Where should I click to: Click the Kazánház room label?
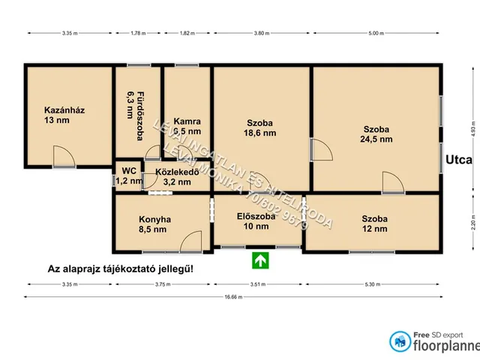click(x=64, y=115)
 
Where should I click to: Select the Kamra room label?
click(x=186, y=126)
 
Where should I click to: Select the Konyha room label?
click(x=155, y=225)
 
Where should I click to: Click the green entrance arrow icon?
click(x=259, y=260)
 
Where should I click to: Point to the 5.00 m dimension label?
click(x=376, y=34)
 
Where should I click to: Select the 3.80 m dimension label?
click(x=261, y=34)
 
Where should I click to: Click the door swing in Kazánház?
click(x=64, y=155)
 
